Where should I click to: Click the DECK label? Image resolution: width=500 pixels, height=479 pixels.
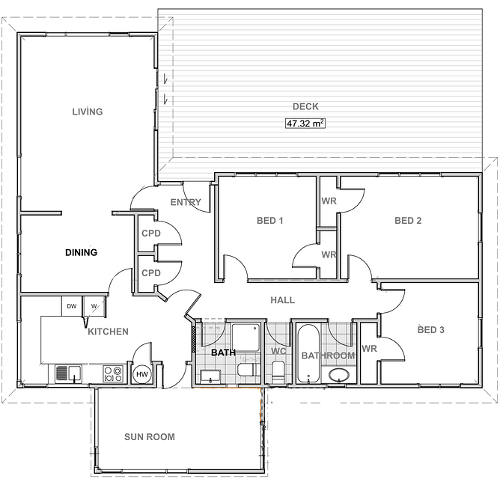point(305,106)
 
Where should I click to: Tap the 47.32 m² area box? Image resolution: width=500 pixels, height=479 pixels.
point(305,123)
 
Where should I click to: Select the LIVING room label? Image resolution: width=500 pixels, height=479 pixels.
point(88,112)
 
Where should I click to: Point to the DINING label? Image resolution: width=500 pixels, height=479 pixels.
point(82,252)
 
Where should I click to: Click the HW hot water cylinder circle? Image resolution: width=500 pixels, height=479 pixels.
point(142,374)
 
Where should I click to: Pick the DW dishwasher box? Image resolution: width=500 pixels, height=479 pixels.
point(72,306)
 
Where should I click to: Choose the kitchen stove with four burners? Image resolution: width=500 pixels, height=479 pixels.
point(113,373)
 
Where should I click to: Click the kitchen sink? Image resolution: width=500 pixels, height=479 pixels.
point(68,373)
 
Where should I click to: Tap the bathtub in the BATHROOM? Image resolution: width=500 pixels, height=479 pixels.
point(308,354)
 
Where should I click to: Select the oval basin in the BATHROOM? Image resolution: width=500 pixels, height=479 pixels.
point(338,375)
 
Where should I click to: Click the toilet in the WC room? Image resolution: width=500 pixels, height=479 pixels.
point(278,372)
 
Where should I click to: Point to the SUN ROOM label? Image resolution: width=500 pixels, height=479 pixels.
point(150,436)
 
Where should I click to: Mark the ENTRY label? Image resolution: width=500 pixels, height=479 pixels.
point(186,202)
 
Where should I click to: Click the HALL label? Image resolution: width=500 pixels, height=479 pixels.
point(282,300)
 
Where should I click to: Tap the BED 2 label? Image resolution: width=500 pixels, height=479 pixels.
point(408,221)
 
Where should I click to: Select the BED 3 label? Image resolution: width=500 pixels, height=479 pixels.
point(431,330)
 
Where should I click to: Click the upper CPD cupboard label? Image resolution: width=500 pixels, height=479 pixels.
point(151,234)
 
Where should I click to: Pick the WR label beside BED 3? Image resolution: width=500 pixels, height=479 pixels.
point(369,349)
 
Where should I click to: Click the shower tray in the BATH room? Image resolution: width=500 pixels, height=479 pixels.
point(246,338)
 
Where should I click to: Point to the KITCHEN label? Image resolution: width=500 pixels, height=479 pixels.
point(108,332)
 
